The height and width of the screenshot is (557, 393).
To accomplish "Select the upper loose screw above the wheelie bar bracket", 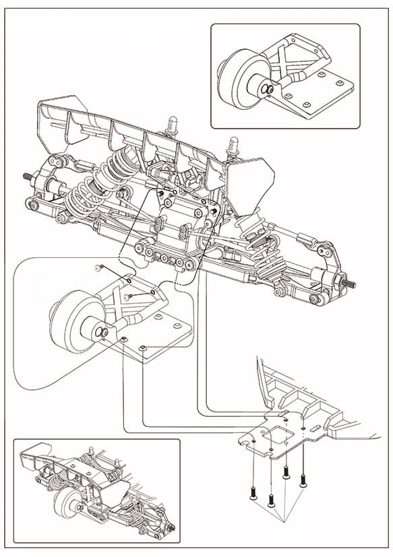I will pyautogui.click(x=98, y=268).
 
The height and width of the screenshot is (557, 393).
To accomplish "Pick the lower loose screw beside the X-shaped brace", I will pyautogui.click(x=127, y=297).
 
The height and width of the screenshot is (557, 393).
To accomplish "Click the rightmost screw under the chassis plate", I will pyautogui.click(x=303, y=480).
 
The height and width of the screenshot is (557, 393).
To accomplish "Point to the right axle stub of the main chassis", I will pyautogui.click(x=350, y=283).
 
